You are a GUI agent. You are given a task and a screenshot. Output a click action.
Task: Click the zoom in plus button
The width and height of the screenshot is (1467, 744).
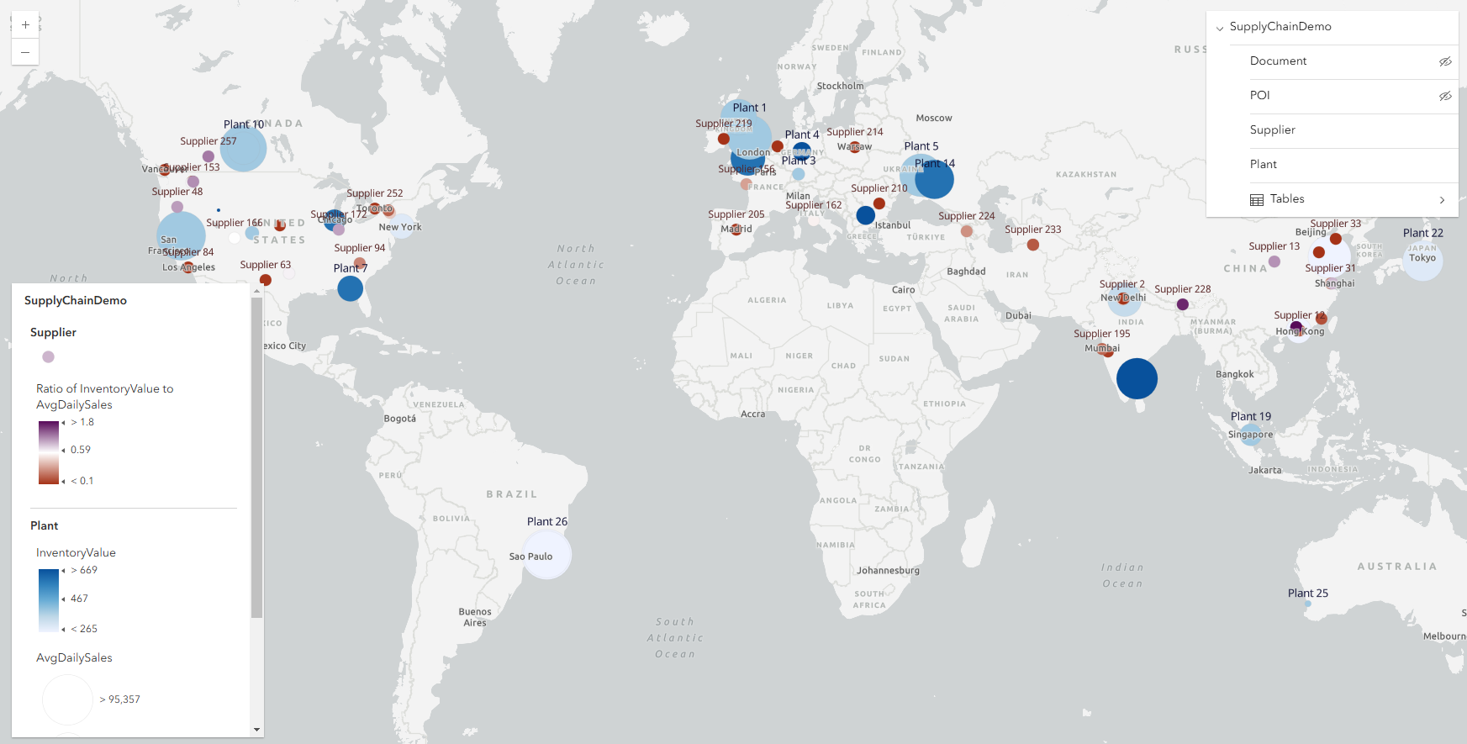[x=25, y=25]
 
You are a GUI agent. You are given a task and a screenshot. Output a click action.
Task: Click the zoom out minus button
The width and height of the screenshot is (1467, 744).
[x=25, y=52]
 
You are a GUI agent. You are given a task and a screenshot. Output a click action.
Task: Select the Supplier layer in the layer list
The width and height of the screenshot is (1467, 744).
[x=1272, y=129]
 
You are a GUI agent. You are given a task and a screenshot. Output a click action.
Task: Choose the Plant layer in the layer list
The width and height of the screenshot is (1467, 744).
[x=1263, y=164]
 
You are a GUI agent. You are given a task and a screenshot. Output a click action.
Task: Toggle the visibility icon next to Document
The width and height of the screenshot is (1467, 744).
[x=1445, y=61]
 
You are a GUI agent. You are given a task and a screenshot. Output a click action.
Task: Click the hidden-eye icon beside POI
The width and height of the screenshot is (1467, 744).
[x=1445, y=96]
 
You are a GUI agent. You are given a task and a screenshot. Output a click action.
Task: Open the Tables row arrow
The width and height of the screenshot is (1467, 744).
[x=1442, y=200]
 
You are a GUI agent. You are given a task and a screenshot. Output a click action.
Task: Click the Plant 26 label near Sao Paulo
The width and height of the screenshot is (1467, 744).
[x=546, y=521]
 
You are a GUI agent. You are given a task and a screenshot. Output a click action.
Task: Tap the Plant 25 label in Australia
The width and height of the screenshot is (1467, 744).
[x=1307, y=593]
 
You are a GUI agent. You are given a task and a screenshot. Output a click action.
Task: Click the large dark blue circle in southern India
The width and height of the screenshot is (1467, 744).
[x=1137, y=378]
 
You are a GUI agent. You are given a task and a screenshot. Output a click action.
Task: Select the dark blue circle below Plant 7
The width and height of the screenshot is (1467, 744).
[x=350, y=288]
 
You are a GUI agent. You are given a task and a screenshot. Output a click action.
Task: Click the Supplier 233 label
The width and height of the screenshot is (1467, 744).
[x=1032, y=230]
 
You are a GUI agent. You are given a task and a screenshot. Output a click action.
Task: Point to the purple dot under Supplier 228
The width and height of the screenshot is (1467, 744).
[x=1182, y=304]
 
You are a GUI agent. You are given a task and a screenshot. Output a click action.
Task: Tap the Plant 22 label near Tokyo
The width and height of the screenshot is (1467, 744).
[x=1422, y=233]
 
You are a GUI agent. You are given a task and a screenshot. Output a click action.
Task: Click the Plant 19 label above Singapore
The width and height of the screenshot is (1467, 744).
[x=1250, y=416]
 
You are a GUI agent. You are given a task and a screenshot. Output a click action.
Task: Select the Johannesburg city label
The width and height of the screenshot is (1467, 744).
[x=888, y=570]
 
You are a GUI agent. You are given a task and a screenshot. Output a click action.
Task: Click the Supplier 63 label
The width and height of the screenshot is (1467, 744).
[x=265, y=265]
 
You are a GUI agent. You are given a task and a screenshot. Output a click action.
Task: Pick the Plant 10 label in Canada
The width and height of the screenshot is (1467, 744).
[x=244, y=124]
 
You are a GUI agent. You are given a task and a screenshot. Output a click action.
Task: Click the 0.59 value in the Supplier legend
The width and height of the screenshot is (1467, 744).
[x=81, y=450]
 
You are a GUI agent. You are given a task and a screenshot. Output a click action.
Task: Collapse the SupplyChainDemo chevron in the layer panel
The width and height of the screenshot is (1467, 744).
[x=1220, y=28]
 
